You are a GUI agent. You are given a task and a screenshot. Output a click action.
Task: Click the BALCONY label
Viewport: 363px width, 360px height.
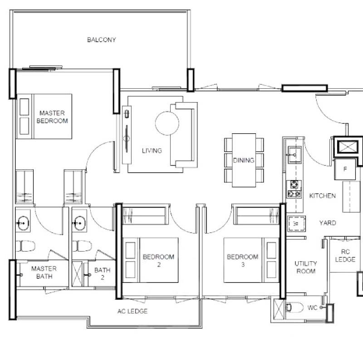tap(101, 40)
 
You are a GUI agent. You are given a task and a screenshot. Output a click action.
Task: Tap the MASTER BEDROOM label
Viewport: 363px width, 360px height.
tap(52, 117)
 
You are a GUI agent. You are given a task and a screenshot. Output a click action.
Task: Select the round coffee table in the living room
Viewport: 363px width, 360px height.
tap(166, 122)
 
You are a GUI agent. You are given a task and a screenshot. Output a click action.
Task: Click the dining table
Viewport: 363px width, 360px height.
tap(244, 160)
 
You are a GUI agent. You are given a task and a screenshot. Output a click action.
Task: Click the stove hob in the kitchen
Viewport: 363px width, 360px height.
tap(294, 189)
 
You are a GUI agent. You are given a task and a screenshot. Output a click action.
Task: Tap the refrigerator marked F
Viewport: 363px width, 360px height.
tap(345, 170)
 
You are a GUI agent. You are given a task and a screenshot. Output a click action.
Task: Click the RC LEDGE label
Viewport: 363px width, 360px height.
tap(344, 257)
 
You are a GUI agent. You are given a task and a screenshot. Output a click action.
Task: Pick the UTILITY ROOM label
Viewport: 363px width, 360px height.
tap(305, 268)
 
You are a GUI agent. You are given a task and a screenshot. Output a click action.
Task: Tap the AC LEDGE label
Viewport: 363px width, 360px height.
tap(132, 311)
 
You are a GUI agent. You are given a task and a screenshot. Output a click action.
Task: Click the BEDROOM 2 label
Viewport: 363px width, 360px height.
tap(158, 261)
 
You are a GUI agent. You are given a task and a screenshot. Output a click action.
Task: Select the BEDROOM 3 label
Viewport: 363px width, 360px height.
tap(242, 261)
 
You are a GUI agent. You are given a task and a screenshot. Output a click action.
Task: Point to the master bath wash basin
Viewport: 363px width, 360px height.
tap(22, 223)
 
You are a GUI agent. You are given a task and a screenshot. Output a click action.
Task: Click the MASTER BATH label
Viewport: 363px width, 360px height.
tap(44, 272)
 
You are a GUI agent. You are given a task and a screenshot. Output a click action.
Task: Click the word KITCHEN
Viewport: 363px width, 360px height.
tap(322, 196)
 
